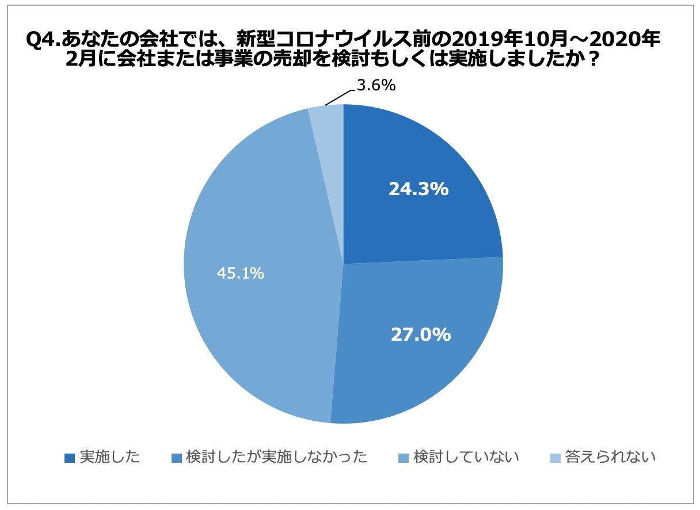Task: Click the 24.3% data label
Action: [419, 189]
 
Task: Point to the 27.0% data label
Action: [420, 334]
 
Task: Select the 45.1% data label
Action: [241, 273]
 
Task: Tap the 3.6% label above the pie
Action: [376, 86]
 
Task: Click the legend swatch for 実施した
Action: [70, 458]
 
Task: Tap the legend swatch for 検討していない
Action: [404, 458]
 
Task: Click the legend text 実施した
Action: [109, 458]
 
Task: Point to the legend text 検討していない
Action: [466, 458]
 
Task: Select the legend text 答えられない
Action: [610, 458]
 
